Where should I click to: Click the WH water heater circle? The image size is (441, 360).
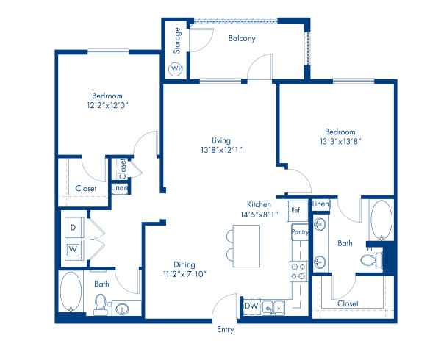click(x=176, y=69)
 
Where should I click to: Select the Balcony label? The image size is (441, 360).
click(x=240, y=39)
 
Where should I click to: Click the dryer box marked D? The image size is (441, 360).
click(x=73, y=228)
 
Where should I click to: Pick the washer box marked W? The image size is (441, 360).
click(x=73, y=249)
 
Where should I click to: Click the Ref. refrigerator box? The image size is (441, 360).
click(x=296, y=209)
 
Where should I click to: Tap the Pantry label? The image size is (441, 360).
click(x=299, y=232)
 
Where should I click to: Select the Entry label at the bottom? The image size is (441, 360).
click(x=225, y=330)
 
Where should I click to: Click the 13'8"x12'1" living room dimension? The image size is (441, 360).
click(x=220, y=149)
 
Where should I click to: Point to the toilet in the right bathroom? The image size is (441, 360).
click(x=369, y=259)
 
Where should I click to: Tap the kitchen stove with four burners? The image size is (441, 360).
click(x=298, y=271)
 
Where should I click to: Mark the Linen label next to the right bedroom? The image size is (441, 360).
click(x=320, y=204)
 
